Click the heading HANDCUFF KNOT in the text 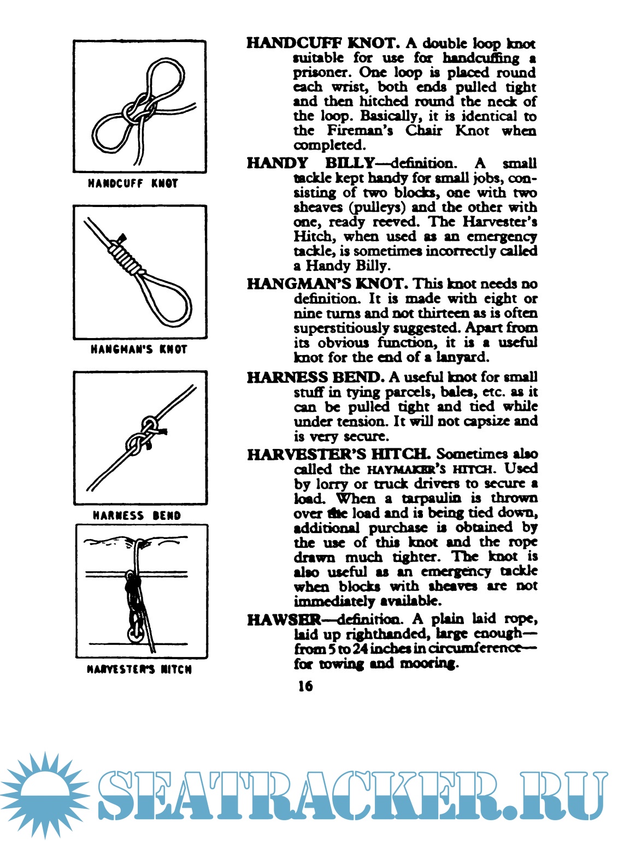[323, 43]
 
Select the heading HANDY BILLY [310, 163]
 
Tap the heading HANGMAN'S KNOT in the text [327, 283]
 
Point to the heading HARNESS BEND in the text [315, 377]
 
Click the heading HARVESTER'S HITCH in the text [338, 454]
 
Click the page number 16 [305, 685]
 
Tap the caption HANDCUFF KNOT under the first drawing [133, 183]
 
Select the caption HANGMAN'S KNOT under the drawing [139, 349]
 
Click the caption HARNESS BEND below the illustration [137, 516]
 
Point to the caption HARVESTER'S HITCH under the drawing [139, 670]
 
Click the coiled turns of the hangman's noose [126, 257]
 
